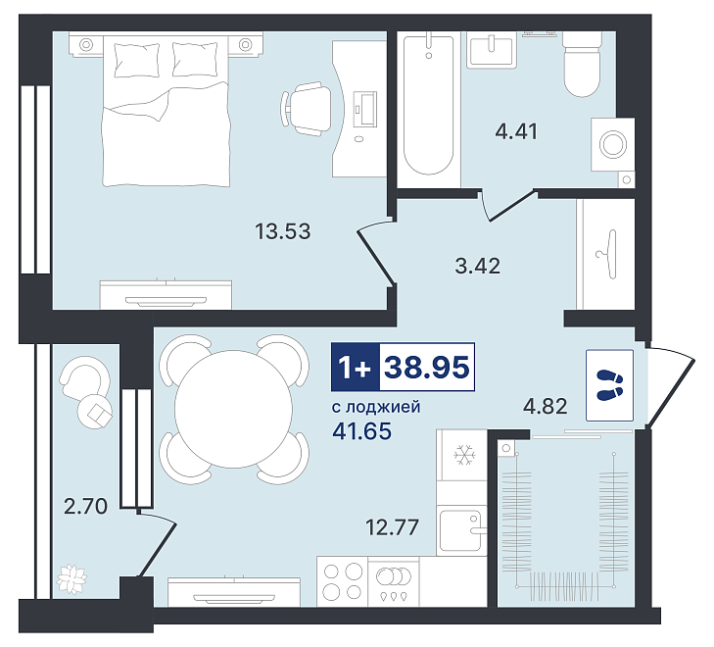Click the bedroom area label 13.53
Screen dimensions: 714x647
[x=283, y=231]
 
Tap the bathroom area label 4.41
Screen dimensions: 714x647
[x=516, y=131]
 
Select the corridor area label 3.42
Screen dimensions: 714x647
[x=478, y=266]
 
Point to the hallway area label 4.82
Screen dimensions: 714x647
[x=546, y=406]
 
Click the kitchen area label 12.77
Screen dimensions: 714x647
[x=392, y=527]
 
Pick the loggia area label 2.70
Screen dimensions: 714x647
[x=85, y=506]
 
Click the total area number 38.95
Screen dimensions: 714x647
[x=427, y=368]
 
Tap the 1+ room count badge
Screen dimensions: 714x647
[x=356, y=368]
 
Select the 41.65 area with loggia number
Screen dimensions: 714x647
[x=362, y=431]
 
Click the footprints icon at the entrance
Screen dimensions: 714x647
[x=610, y=385]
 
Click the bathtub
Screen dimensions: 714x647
[x=428, y=105]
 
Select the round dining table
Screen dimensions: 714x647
[x=234, y=409]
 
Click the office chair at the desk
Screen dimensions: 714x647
[x=306, y=109]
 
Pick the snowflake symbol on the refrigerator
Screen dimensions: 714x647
[x=464, y=455]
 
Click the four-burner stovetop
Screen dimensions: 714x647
[x=342, y=582]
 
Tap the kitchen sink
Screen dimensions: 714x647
[x=461, y=530]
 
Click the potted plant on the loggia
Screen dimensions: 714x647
[x=71, y=579]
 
